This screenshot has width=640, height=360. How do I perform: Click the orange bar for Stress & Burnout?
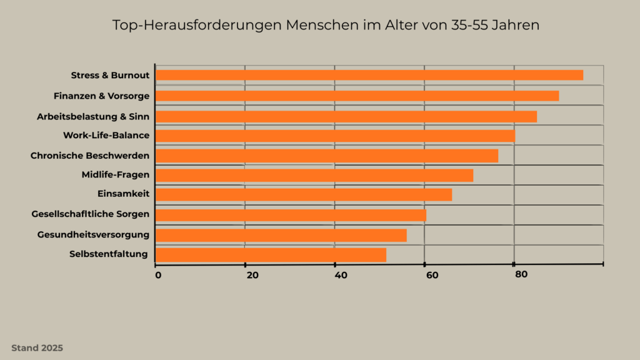(369, 75)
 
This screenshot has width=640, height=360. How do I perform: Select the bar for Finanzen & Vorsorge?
(357, 96)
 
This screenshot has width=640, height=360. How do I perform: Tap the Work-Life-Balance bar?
(335, 136)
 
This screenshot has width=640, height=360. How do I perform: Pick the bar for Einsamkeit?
(303, 195)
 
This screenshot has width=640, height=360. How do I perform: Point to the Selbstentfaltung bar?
(271, 254)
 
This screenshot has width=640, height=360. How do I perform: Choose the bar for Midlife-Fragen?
(314, 175)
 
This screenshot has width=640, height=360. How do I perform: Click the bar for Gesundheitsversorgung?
(281, 235)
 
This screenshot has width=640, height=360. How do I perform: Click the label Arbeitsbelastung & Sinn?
(93, 116)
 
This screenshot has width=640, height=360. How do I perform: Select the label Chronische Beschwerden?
(90, 155)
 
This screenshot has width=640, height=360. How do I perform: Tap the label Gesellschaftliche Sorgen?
(91, 214)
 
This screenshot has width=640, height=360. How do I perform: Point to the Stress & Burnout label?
(110, 76)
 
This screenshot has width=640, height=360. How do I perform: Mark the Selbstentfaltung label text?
(109, 254)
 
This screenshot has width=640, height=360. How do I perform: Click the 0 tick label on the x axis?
(157, 275)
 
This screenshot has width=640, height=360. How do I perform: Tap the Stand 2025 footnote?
(37, 348)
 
